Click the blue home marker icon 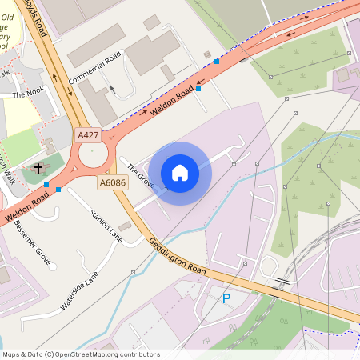click(x=180, y=173)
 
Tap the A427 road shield click(x=88, y=135)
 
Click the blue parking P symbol click(x=226, y=298)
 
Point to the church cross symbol click(x=38, y=169)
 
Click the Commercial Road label click(x=94, y=71)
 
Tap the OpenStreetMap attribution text click(x=81, y=354)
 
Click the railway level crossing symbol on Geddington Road click(x=282, y=282)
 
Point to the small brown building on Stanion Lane click(x=125, y=227)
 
